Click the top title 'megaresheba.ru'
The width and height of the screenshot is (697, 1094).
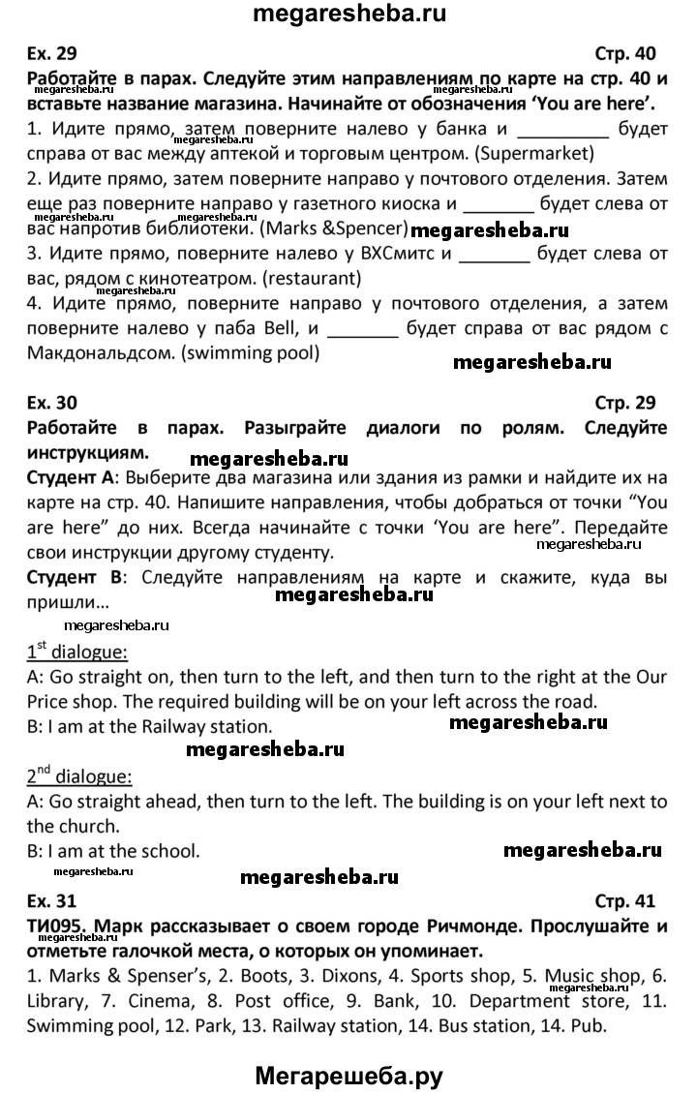click(348, 15)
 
